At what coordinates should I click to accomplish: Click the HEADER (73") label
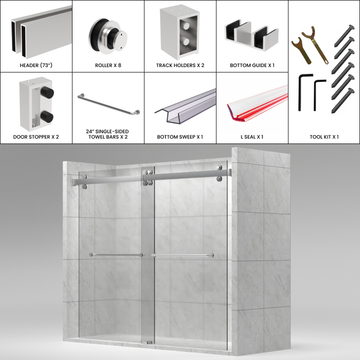(x=36, y=65)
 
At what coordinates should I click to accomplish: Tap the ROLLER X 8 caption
(x=108, y=65)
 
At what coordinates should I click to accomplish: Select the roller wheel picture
(x=107, y=35)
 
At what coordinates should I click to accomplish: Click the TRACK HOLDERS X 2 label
(x=180, y=65)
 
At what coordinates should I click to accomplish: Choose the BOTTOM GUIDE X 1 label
(x=252, y=65)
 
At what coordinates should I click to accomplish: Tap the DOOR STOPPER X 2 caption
(x=36, y=136)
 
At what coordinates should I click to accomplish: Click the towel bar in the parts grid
(x=108, y=105)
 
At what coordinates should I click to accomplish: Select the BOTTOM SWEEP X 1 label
(x=180, y=136)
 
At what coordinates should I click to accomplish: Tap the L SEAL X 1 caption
(x=252, y=136)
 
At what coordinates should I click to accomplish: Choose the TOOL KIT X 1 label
(x=324, y=136)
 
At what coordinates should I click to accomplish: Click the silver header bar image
(x=40, y=30)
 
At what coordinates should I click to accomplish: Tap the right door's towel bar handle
(x=182, y=255)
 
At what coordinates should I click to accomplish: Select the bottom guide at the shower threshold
(x=149, y=342)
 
